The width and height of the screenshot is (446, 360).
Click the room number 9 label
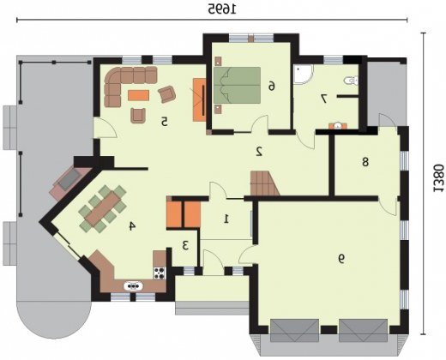pyautogui.click(x=341, y=259)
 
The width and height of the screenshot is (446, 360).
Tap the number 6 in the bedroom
pyautogui.click(x=272, y=86)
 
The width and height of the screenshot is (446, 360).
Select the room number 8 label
pyautogui.click(x=365, y=162)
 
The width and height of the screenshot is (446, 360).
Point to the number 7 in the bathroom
pyautogui.click(x=324, y=99)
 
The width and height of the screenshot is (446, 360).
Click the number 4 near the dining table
pyautogui.click(x=132, y=226)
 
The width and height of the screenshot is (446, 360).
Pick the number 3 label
pyautogui.click(x=185, y=245)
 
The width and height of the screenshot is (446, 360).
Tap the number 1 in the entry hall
pyautogui.click(x=226, y=219)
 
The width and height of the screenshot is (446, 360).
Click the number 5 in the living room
pyautogui.click(x=164, y=122)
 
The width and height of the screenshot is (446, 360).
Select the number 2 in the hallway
pyautogui.click(x=259, y=152)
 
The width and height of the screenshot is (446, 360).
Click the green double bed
pyautogui.click(x=237, y=85)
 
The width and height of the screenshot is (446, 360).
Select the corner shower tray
pyautogui.click(x=304, y=75)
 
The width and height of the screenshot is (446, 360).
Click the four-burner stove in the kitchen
pyautogui.click(x=160, y=273)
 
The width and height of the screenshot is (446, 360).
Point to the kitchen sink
pyautogui.click(x=133, y=285)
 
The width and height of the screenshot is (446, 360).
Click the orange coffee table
pyautogui.click(x=138, y=95)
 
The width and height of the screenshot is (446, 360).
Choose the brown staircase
pyautogui.click(x=264, y=183)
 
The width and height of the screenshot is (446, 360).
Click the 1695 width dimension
pyautogui.click(x=222, y=9)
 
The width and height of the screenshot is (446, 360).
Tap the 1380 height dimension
pyautogui.click(x=437, y=178)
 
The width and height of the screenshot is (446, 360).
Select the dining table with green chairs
pyautogui.click(x=103, y=208)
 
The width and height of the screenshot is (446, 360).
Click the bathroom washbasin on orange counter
pyautogui.click(x=338, y=126)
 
